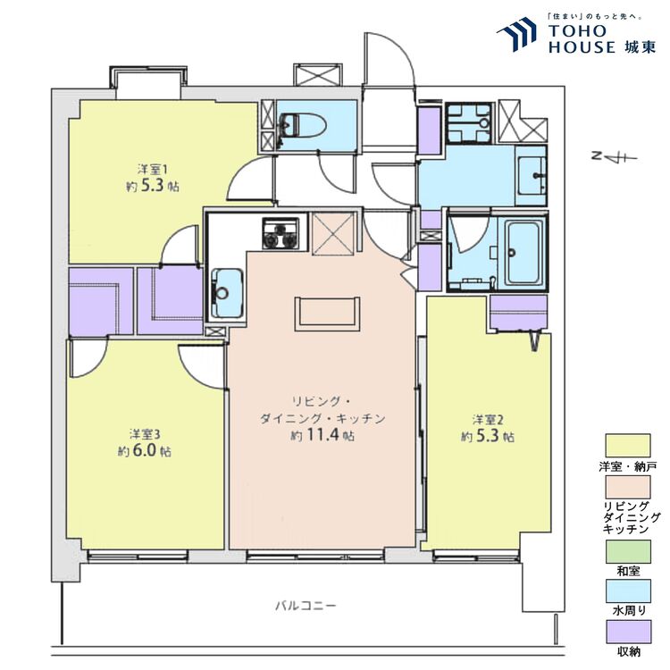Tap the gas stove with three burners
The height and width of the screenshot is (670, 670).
(x=277, y=233)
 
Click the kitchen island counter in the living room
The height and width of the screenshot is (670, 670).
(x=329, y=312)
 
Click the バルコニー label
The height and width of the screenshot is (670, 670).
(x=306, y=606)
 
